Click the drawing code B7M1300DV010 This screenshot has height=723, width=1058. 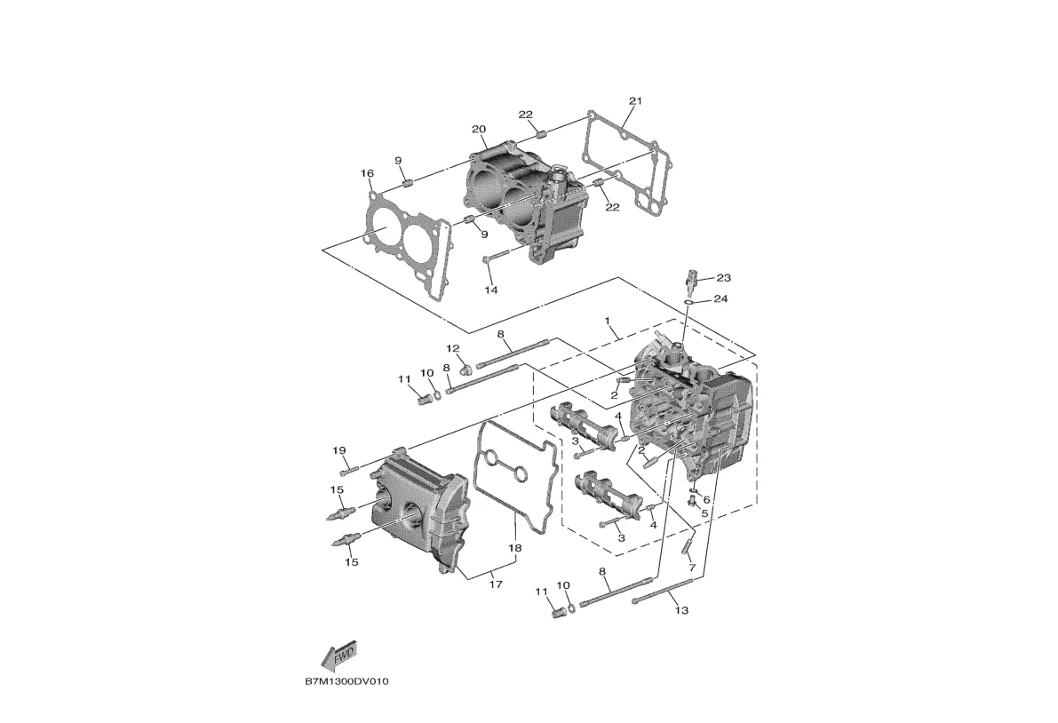346,682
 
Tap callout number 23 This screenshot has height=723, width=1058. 723,278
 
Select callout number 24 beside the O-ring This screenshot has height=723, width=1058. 720,299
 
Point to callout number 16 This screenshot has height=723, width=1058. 367,173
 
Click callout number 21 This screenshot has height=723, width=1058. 634,100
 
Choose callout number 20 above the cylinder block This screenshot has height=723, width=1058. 479,130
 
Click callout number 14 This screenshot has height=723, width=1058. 490,290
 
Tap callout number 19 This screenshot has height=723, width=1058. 338,450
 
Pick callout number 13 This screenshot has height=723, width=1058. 681,610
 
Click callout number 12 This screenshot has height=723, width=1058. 452,348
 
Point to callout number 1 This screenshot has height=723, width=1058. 608,320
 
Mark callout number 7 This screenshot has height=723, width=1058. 691,566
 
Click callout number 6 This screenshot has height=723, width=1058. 707,499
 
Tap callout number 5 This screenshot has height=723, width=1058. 704,513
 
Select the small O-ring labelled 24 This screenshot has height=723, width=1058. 688,303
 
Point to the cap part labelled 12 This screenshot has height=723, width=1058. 465,366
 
